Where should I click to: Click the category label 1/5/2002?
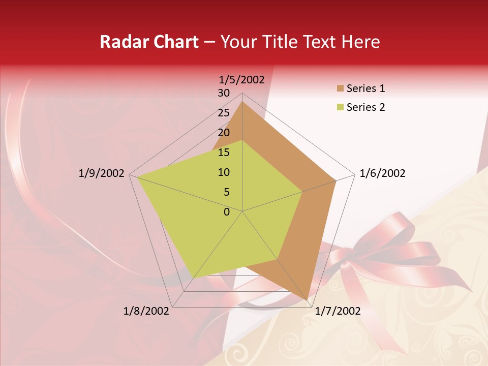(241, 79)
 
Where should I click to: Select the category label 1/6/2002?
(382, 173)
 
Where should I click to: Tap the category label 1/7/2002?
(338, 311)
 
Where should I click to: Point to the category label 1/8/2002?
(146, 311)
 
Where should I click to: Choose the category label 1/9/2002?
(102, 173)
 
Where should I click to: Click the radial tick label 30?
(224, 93)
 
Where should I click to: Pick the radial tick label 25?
(224, 113)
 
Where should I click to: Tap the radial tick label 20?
(224, 133)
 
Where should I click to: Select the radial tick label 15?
(224, 152)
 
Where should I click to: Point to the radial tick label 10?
(224, 172)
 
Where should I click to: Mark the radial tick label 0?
(227, 212)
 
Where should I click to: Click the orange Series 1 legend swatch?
(340, 88)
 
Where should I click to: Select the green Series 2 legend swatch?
(340, 107)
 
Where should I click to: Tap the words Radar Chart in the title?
(149, 42)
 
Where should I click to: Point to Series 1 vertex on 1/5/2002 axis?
(242, 102)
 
